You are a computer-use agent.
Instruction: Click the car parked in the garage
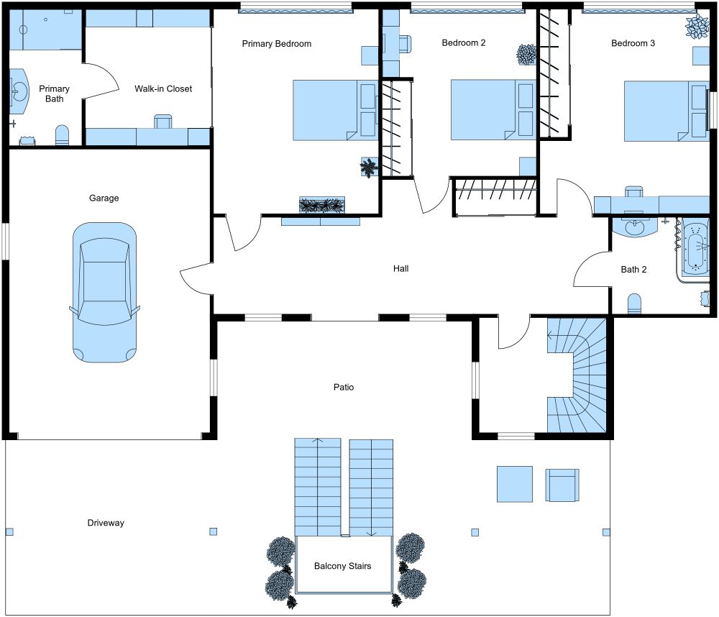(104, 291)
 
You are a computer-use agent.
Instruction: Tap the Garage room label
(104, 198)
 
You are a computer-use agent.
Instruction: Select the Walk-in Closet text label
(163, 89)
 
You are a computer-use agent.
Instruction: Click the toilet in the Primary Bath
(63, 135)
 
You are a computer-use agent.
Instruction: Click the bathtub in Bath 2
(696, 249)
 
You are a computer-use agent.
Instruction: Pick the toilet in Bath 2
(634, 304)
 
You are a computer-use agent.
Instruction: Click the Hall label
(400, 268)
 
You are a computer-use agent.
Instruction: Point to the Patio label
(344, 387)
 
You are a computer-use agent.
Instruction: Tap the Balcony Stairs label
(343, 566)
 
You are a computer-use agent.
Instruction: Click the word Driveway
(106, 523)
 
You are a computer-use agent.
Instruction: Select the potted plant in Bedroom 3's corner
(697, 27)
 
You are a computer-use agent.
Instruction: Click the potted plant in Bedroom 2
(527, 54)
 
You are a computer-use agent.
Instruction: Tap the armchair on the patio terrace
(562, 485)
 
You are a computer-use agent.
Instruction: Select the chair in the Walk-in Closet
(163, 121)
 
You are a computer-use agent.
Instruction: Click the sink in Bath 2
(635, 227)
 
